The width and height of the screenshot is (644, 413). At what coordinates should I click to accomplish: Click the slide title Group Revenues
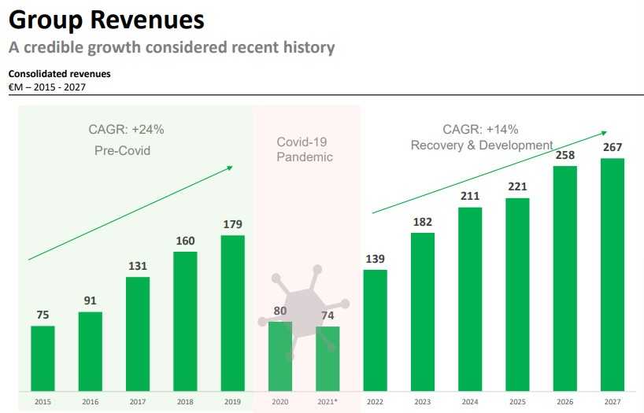pos(106,20)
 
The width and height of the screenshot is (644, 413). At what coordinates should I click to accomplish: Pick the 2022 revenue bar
pos(375,330)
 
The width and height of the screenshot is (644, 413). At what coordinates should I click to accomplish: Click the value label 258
pos(564,155)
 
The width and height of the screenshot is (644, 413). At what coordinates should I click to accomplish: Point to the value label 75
pos(43,315)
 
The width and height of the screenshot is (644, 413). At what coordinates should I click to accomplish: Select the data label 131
pos(137,266)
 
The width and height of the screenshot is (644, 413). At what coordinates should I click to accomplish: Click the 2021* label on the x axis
pos(328,402)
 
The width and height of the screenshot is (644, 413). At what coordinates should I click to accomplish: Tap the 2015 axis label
pos(43,402)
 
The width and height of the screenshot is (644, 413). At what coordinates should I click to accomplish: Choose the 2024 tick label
pos(469,402)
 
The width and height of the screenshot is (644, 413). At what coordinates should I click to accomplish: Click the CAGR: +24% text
pos(126,130)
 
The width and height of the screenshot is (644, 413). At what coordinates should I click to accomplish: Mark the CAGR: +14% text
pos(480,130)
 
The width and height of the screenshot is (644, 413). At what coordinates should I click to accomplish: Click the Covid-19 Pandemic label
pos(305,149)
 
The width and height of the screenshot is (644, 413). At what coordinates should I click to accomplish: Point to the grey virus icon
pos(303,303)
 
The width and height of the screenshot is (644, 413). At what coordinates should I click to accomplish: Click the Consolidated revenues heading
pos(59,74)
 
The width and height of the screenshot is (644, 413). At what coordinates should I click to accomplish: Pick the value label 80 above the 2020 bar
pos(279,311)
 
